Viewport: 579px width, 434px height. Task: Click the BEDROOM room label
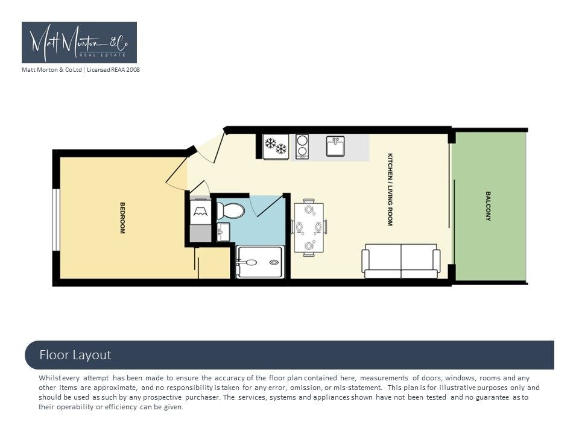(x=122, y=218)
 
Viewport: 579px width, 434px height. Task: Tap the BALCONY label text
(x=488, y=206)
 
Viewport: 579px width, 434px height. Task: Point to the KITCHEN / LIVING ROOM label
(x=390, y=189)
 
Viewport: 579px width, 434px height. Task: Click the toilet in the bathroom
(x=230, y=210)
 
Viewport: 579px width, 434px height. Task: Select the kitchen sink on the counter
(x=335, y=146)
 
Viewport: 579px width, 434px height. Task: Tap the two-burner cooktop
(x=302, y=146)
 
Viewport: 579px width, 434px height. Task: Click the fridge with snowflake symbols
(x=276, y=146)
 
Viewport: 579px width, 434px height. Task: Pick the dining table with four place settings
(x=309, y=227)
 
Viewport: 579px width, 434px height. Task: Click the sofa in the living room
(x=401, y=261)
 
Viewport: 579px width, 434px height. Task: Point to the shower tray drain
(x=274, y=262)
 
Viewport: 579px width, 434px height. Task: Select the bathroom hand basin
(x=223, y=231)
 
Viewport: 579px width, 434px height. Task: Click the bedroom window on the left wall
(x=56, y=220)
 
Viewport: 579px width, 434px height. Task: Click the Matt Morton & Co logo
(x=80, y=42)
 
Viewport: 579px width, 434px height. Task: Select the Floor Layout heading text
(x=75, y=355)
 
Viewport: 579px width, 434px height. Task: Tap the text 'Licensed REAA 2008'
(x=113, y=69)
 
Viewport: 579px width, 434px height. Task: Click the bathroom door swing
(x=269, y=206)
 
